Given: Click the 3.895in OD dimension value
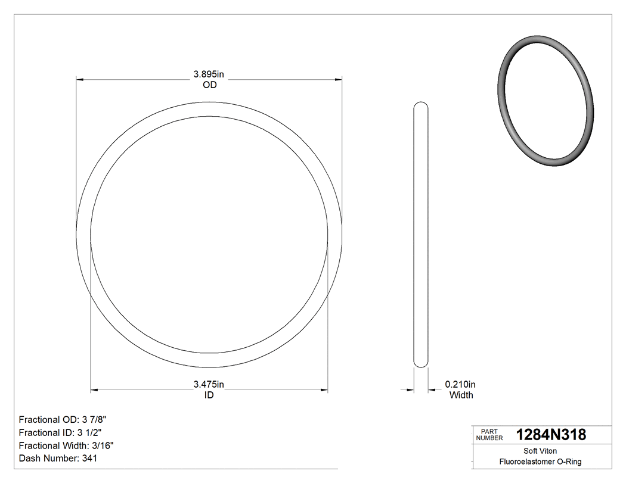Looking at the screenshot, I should coord(208,74).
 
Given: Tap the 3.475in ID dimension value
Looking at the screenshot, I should coord(208,385).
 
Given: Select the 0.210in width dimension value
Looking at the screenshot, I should coord(460,385).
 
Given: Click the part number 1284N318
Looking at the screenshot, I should coord(551,435).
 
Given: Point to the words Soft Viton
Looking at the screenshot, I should coord(540,451).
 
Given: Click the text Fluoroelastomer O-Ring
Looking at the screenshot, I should coord(540,462).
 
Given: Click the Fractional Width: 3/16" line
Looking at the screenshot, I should coord(66,445).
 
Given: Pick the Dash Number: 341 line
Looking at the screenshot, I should coord(58,459).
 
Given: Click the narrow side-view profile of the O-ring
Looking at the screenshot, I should coord(421,235).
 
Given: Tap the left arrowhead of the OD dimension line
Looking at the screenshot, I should coord(80,79).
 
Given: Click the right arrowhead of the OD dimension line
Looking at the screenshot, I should coord(338,79).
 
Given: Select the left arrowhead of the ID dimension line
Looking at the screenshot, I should coord(94,390).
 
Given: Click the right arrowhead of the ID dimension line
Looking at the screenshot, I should coord(324,390).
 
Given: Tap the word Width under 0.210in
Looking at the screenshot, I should coord(461,395).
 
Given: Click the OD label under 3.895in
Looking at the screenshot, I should coord(209,85).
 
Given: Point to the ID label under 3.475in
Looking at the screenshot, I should coord(209,395).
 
